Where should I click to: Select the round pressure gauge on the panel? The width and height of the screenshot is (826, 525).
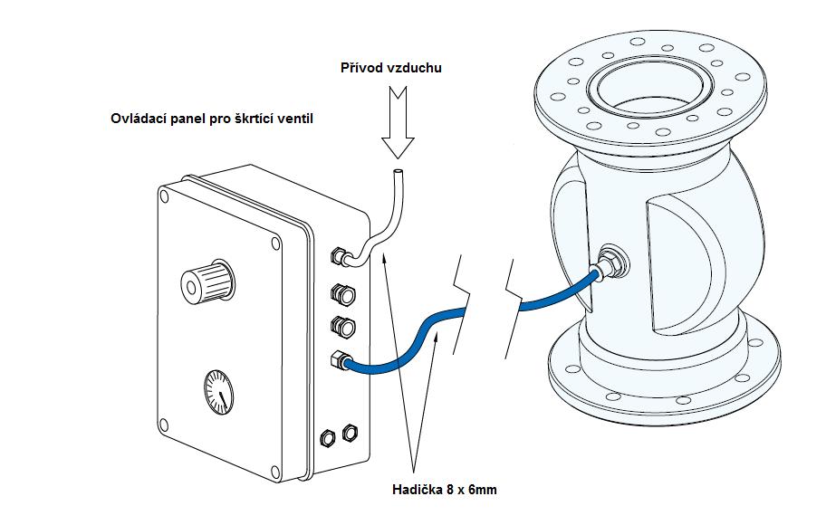[x=218, y=390]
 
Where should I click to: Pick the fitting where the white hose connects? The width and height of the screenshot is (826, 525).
[x=341, y=256]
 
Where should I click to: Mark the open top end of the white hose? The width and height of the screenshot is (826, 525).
[x=396, y=171]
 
